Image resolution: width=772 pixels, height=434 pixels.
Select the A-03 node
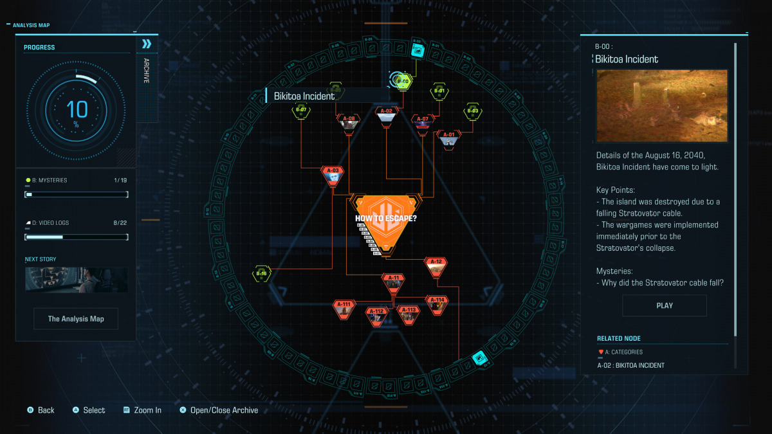tap(333, 176)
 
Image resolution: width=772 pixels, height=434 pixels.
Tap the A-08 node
tap(349, 123)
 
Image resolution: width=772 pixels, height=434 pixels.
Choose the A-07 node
tap(422, 122)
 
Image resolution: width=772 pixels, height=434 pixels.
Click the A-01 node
tap(449, 139)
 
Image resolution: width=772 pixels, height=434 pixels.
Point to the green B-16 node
tap(261, 274)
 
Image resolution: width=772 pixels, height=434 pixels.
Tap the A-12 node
tap(436, 266)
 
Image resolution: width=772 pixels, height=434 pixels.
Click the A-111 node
tap(345, 309)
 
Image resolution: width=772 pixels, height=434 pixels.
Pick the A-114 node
tap(437, 304)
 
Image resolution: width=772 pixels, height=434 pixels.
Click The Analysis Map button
tap(76, 319)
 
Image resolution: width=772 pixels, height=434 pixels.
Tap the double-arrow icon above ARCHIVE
tap(147, 44)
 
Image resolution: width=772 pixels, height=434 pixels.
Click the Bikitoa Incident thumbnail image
tap(662, 106)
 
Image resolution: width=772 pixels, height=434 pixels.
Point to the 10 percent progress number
tap(77, 109)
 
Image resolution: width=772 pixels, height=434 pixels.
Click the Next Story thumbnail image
tap(76, 280)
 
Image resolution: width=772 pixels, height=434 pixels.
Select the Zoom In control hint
tap(143, 410)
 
